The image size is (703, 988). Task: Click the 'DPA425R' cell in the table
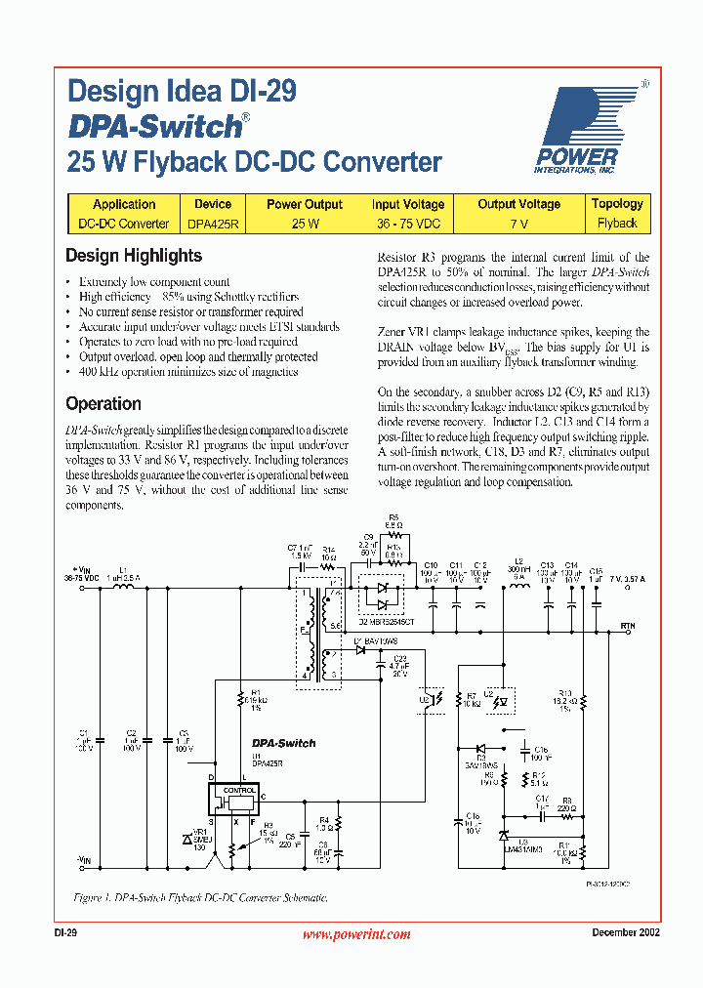pos(212,224)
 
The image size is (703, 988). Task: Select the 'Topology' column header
pos(617,204)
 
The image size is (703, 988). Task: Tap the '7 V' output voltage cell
pos(518,224)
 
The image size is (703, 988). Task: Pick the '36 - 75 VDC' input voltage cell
pos(407,224)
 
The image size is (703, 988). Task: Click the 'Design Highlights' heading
pos(134,256)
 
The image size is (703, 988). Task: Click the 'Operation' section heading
pos(103,403)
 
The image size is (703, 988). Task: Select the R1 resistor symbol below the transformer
pos(240,700)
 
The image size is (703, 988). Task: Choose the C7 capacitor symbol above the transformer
pos(304,566)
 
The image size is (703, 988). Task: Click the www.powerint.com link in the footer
pos(355,934)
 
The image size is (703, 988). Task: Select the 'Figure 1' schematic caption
pos(200,896)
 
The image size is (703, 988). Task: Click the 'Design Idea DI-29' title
pos(182,92)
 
